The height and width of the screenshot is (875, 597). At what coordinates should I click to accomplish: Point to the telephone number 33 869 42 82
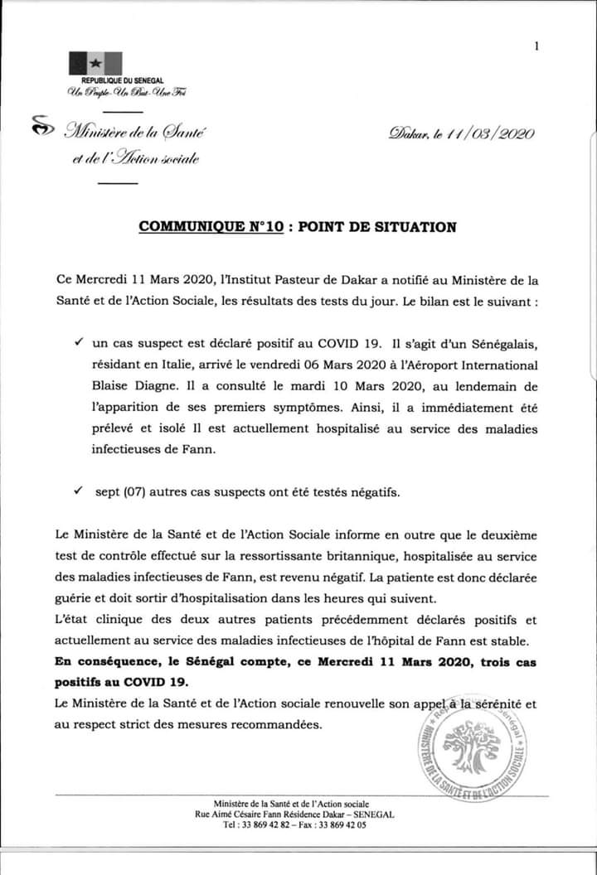pyautogui.click(x=261, y=825)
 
